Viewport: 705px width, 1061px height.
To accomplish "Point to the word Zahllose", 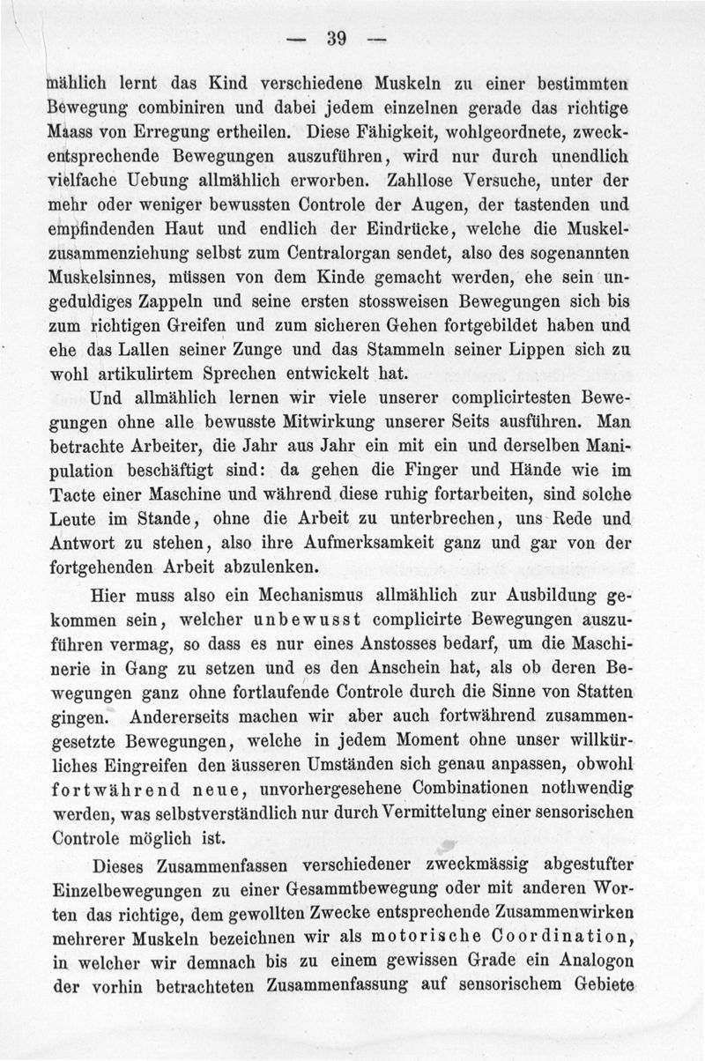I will pos(421,181).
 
